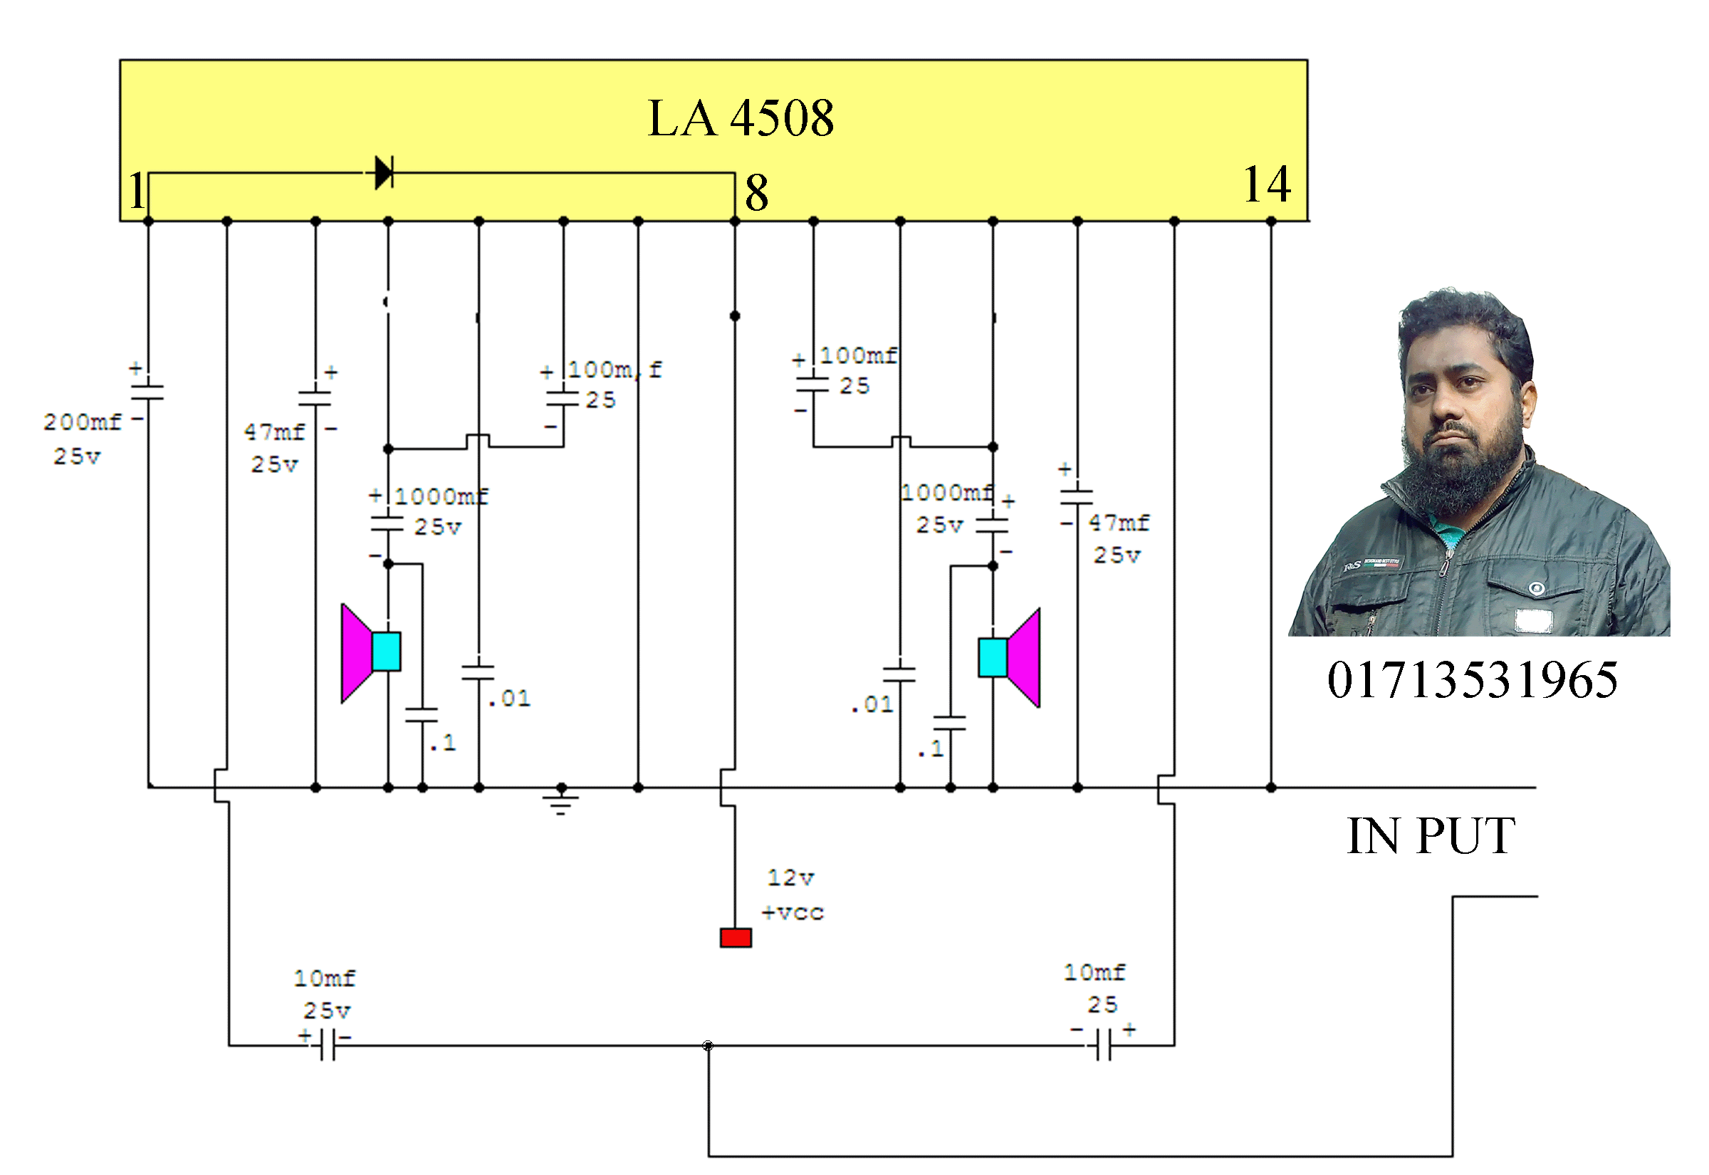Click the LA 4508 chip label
pyautogui.click(x=741, y=117)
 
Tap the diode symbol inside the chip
pyautogui.click(x=384, y=173)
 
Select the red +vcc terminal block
pyautogui.click(x=736, y=938)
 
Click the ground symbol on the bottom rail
pyautogui.click(x=561, y=800)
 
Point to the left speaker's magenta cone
pyautogui.click(x=357, y=653)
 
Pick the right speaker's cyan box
pyautogui.click(x=992, y=657)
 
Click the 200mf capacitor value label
pyautogui.click(x=82, y=422)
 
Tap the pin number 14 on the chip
pyautogui.click(x=1267, y=184)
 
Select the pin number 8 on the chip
pyautogui.click(x=757, y=193)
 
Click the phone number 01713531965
pyautogui.click(x=1472, y=679)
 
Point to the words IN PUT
pyautogui.click(x=1431, y=835)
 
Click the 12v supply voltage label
pyautogui.click(x=790, y=877)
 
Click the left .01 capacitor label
pyautogui.click(x=508, y=698)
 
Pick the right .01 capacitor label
pyautogui.click(x=872, y=704)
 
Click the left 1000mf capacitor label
pyautogui.click(x=441, y=496)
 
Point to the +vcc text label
pyautogui.click(x=793, y=913)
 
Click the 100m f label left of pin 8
pyautogui.click(x=614, y=370)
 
